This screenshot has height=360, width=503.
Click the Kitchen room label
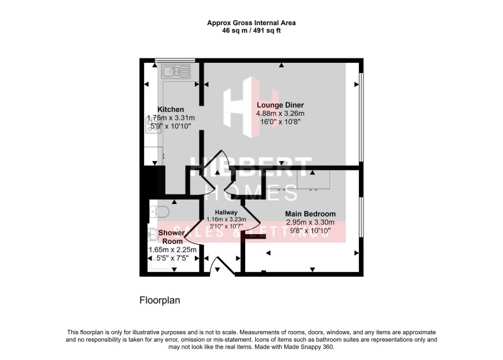pos(170,109)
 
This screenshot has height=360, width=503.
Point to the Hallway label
pos(226,213)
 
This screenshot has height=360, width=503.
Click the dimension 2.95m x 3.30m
pos(310,223)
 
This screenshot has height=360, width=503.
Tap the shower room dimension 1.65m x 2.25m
pos(172,250)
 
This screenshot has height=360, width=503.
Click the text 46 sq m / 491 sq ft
pos(251,29)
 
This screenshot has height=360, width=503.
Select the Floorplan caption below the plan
pos(160,300)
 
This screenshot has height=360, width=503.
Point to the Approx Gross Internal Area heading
pos(251,22)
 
